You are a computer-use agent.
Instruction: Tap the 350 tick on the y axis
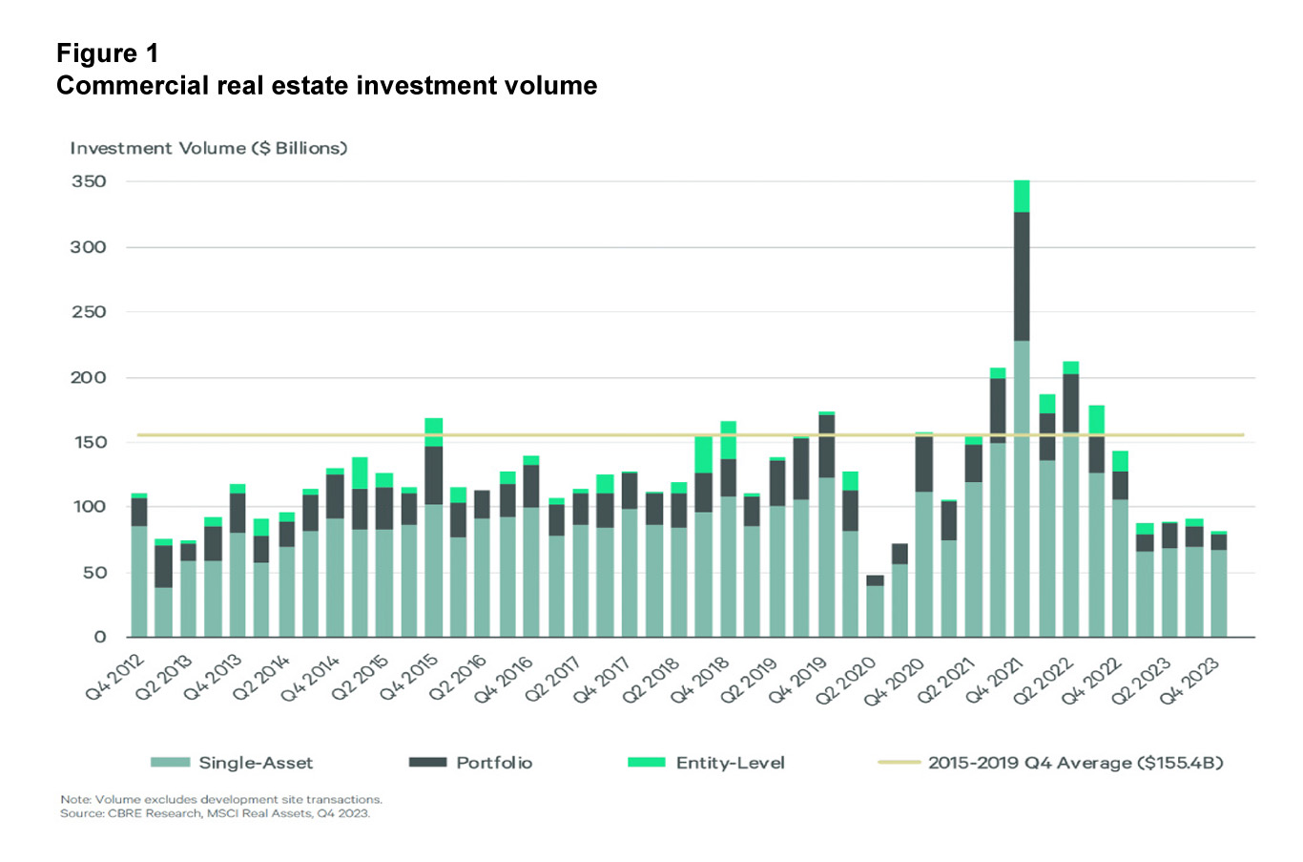point(89,181)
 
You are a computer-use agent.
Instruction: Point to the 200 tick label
point(89,377)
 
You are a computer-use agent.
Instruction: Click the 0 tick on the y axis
point(100,637)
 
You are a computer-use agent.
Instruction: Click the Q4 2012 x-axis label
point(116,678)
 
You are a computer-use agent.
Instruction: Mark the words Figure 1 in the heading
point(108,53)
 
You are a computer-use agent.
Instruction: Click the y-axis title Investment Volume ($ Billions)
point(208,148)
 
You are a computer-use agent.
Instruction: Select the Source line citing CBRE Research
point(215,813)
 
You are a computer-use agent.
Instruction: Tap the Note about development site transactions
point(220,799)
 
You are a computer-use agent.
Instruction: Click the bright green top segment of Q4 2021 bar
point(1022,197)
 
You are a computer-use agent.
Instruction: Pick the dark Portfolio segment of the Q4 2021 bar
point(1022,277)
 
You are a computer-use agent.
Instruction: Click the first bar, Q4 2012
point(139,573)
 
